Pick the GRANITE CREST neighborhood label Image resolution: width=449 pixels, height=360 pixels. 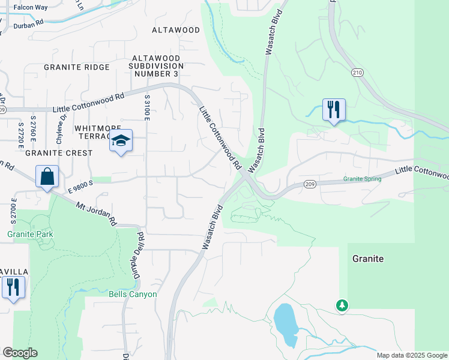coord(59,153)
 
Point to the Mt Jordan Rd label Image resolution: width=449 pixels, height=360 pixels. coord(96,213)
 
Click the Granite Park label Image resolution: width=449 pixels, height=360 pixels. coord(30,234)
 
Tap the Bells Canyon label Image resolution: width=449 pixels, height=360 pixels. coord(133,294)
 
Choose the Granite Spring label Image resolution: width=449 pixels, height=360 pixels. coord(363,179)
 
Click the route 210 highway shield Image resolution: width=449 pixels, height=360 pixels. coord(358,73)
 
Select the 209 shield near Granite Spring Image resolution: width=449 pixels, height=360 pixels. coord(309,183)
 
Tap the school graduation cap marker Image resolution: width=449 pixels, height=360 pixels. coord(121,141)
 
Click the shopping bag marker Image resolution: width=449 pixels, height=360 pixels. coord(47,176)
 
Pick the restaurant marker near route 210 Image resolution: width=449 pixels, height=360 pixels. coord(334,110)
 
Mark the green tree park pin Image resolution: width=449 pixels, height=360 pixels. coord(342,305)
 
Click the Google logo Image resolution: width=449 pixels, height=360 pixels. coord(20,352)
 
